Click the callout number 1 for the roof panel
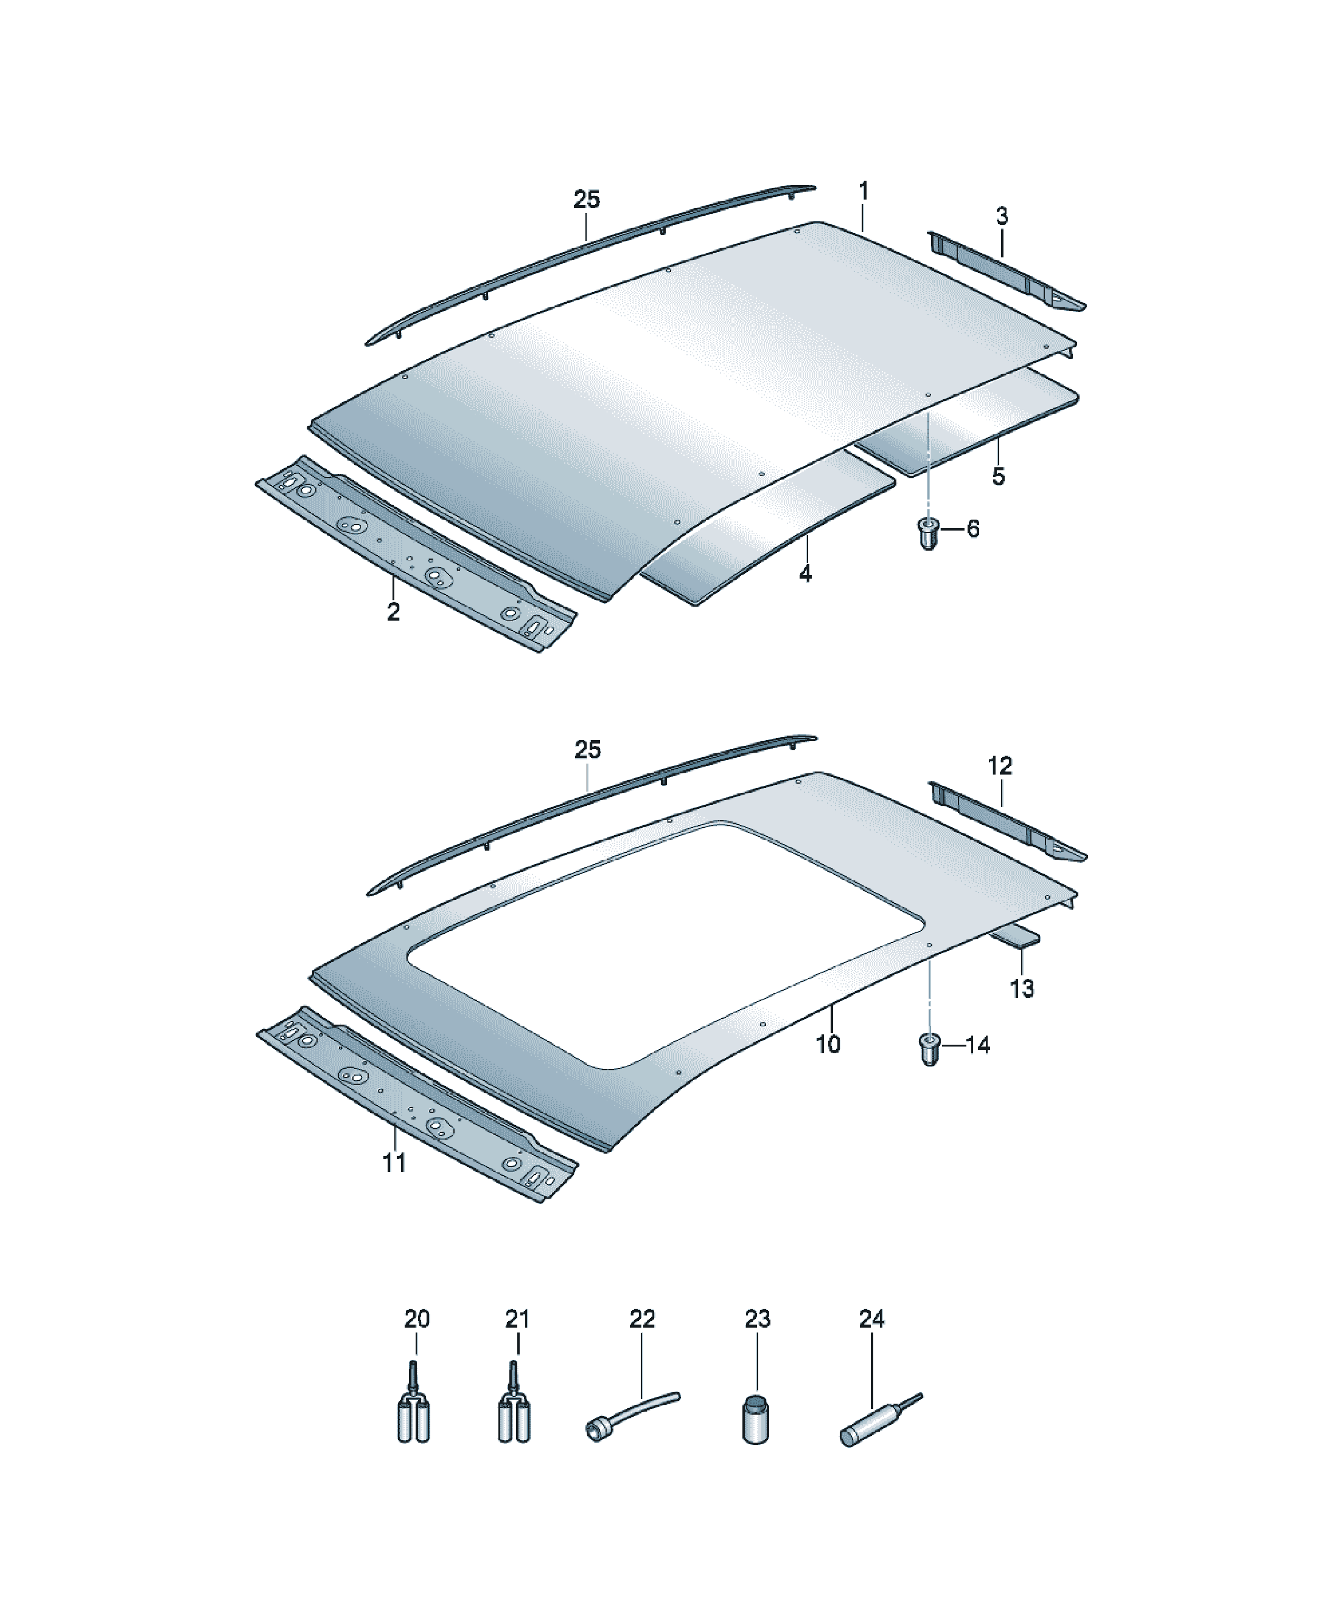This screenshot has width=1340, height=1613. point(864,191)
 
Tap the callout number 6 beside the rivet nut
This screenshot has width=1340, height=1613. point(972,529)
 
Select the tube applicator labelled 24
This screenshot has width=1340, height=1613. point(880,1422)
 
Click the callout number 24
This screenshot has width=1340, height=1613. point(871,1320)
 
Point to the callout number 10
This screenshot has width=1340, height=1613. point(828,1044)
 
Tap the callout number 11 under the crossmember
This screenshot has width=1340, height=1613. point(394,1163)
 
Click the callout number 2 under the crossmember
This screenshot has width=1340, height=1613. point(393,612)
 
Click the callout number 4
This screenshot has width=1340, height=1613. point(805,573)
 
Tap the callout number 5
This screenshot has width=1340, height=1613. point(998,476)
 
